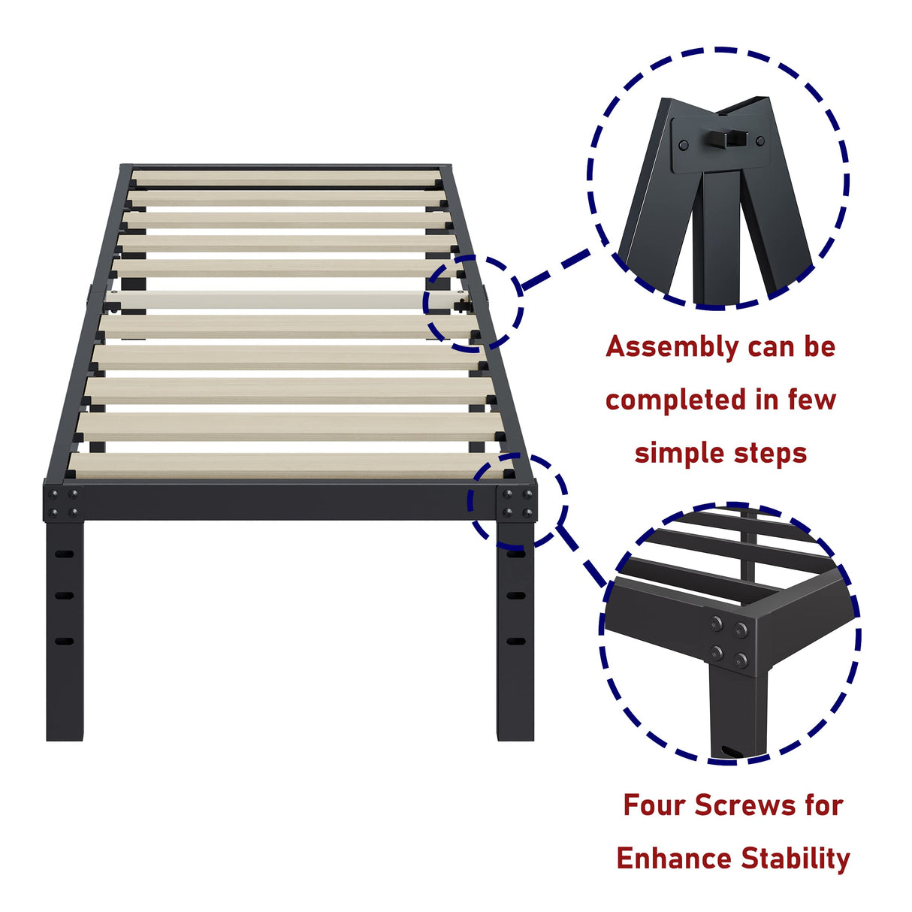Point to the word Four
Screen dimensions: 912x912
pyautogui.click(x=654, y=805)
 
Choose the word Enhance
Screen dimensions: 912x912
pyautogui.click(x=674, y=858)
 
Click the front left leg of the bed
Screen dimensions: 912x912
pyautogui.click(x=65, y=631)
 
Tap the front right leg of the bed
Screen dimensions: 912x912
pyautogui.click(x=515, y=631)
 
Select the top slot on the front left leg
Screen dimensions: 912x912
pyautogui.click(x=65, y=554)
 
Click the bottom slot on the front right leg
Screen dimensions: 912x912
pyautogui.click(x=516, y=642)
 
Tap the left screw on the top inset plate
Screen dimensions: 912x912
pyautogui.click(x=683, y=144)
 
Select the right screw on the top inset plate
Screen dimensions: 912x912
pyautogui.click(x=760, y=140)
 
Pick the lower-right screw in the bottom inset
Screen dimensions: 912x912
pyautogui.click(x=741, y=660)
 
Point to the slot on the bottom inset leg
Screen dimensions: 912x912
pyautogui.click(x=729, y=750)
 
